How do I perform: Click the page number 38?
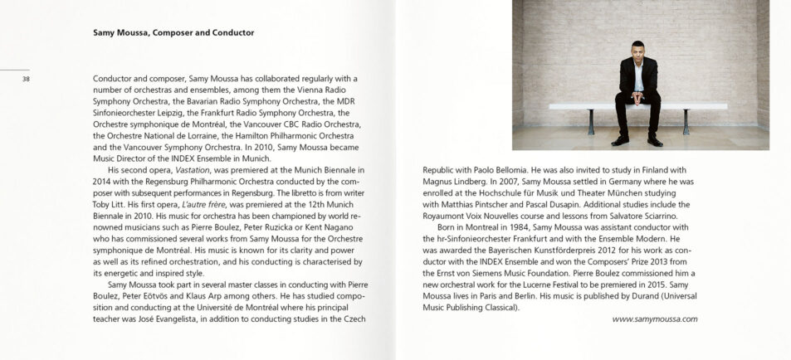point(26,79)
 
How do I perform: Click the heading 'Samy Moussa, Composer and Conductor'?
point(173,33)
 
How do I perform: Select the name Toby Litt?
point(110,204)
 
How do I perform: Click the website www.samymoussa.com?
point(654,319)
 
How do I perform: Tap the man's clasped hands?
point(636,97)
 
